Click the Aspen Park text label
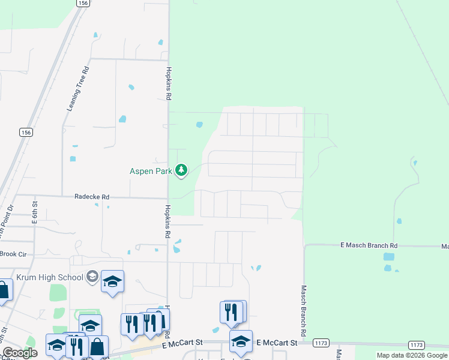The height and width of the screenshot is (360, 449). (x=151, y=171)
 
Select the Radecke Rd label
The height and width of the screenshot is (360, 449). (x=92, y=196)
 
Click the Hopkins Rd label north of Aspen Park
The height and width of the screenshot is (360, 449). (x=169, y=83)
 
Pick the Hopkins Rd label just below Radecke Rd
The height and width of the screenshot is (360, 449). (x=168, y=221)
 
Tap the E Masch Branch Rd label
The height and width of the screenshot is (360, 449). (x=369, y=245)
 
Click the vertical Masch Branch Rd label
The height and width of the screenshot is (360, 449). (x=304, y=310)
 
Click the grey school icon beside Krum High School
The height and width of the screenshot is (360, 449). (x=92, y=277)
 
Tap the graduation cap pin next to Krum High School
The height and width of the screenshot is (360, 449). (x=112, y=281)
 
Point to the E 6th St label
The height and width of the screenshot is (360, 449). (x=35, y=213)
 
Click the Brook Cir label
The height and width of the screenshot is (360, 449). (x=14, y=254)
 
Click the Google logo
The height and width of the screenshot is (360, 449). (x=20, y=353)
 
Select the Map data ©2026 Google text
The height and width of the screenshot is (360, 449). (x=412, y=355)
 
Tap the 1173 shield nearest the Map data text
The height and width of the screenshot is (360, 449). (x=416, y=344)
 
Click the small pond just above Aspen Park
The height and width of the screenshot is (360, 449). (x=199, y=125)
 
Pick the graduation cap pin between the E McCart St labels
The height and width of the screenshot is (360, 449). (x=241, y=341)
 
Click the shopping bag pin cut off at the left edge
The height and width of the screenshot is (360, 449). (x=4, y=290)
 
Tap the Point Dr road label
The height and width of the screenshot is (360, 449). (x=7, y=219)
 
